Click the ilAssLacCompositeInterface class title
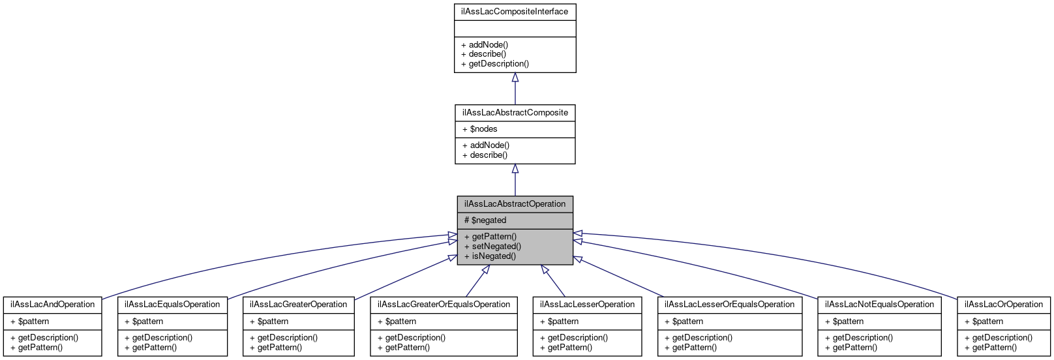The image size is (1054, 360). (x=515, y=12)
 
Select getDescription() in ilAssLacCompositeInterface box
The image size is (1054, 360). (x=495, y=64)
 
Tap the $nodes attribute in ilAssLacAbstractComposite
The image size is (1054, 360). (x=480, y=129)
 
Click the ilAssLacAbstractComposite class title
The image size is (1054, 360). (x=515, y=113)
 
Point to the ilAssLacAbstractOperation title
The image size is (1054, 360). (x=515, y=204)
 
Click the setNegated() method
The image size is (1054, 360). (x=492, y=247)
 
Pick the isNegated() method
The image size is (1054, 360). (x=490, y=256)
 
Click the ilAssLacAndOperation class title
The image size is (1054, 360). (x=53, y=305)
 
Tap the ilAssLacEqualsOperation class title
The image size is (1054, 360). (x=172, y=305)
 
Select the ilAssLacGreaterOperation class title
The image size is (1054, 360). (x=298, y=305)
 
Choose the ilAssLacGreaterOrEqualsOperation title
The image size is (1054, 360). (x=444, y=305)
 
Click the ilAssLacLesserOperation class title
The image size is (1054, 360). (x=587, y=305)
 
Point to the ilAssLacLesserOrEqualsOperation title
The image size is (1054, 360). (x=729, y=305)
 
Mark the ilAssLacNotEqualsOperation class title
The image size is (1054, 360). (x=879, y=305)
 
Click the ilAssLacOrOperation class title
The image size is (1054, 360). (x=1004, y=305)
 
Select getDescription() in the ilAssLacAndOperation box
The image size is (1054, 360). (x=44, y=338)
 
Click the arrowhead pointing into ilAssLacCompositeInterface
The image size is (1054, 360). (x=515, y=78)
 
